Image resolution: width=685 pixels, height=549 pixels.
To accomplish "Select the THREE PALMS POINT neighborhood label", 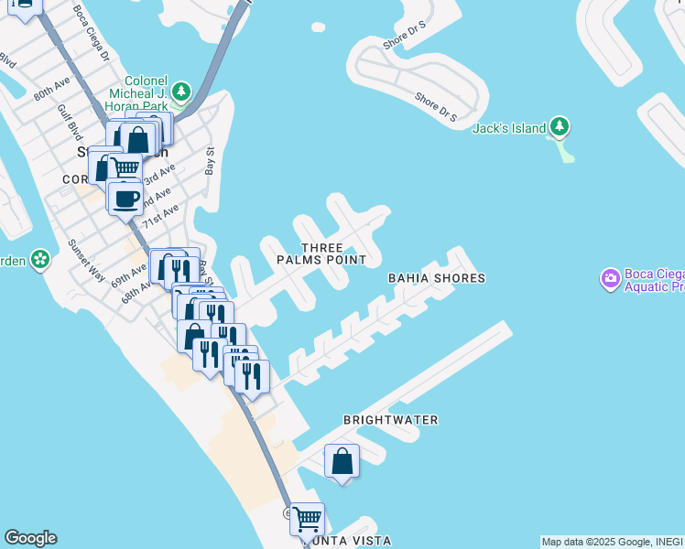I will click(322, 253).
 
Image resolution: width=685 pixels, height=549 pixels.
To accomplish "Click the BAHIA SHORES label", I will click(436, 278).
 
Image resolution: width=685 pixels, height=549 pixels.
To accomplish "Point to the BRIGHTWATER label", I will click(391, 420).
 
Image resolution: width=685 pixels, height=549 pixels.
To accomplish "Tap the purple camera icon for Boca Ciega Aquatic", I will click(610, 277).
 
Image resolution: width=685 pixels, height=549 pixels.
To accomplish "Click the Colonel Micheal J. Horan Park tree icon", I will click(182, 91).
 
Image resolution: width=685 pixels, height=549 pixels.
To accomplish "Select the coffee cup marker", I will click(125, 198).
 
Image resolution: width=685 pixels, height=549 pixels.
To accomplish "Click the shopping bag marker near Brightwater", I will click(342, 460).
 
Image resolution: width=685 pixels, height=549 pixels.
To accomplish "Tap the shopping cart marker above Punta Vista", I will click(307, 518).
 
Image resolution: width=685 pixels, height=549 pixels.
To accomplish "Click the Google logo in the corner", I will click(30, 538).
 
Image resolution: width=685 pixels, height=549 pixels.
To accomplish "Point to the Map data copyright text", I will click(613, 542).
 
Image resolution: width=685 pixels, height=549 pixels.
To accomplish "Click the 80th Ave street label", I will click(51, 94).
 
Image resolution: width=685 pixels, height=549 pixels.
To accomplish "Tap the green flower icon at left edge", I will click(40, 260).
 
